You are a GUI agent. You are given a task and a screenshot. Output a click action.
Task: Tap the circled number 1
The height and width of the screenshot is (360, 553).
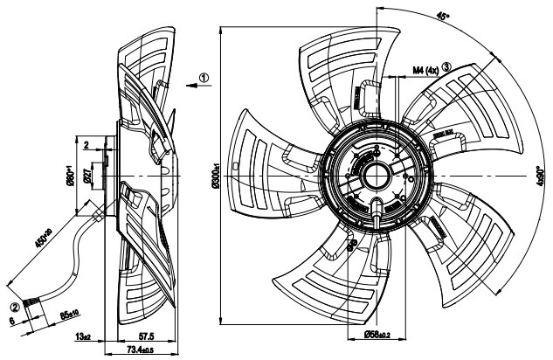(x=204, y=77)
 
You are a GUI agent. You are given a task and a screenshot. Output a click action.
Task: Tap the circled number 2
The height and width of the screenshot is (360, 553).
(x=15, y=306)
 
